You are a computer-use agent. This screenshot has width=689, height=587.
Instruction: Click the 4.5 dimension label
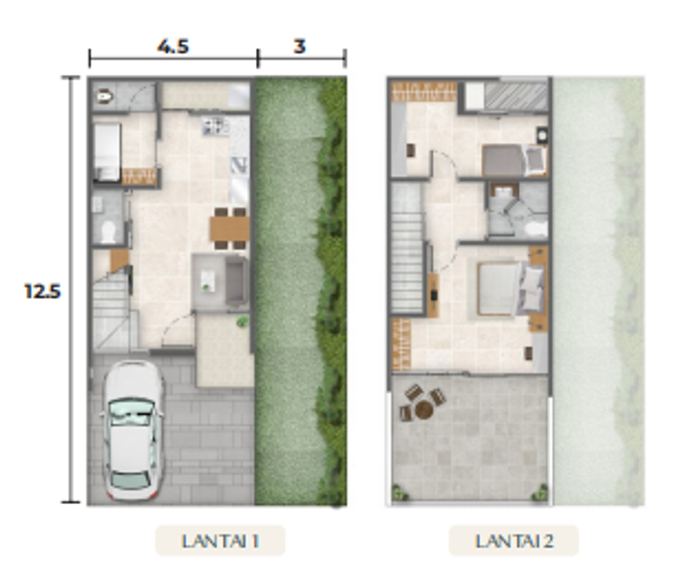tap(173, 46)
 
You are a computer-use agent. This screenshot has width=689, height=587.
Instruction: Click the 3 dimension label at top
tap(299, 46)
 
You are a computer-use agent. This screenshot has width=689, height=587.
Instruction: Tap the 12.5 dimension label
tap(42, 291)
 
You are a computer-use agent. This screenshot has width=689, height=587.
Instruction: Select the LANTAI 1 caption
tap(220, 541)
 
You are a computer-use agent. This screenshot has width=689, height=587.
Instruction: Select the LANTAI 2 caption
tap(513, 541)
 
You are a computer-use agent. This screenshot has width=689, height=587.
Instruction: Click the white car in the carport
tap(132, 431)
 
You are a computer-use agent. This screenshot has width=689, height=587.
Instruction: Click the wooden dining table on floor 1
tap(230, 229)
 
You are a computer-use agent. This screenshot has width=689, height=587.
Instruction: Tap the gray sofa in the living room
tap(236, 281)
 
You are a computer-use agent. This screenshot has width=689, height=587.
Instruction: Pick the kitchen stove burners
tap(215, 126)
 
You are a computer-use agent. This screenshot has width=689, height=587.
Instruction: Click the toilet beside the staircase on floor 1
tap(108, 231)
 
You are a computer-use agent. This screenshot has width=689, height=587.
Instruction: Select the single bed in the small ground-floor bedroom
tap(107, 152)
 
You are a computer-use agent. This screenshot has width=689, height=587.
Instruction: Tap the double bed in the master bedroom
tap(510, 288)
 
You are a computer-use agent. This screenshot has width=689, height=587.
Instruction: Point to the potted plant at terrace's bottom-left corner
tap(398, 493)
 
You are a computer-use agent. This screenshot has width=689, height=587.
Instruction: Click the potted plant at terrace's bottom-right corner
tap(540, 493)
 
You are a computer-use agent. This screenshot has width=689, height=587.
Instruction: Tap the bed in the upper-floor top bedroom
tap(515, 160)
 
